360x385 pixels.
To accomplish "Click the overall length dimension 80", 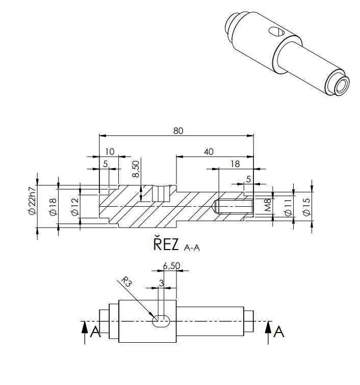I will (177, 130).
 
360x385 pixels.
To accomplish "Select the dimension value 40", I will (209, 152).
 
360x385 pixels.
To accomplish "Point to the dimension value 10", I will (110, 152).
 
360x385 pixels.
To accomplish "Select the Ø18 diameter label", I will (53, 206).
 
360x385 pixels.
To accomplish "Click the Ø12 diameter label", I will (74, 206).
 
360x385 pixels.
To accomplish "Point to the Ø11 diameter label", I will (287, 206).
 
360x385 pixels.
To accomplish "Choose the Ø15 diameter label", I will (306, 206).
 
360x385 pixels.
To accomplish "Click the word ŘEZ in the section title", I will (166, 245).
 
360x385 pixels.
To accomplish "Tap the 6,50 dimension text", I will (172, 265).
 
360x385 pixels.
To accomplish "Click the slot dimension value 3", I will (161, 283).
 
